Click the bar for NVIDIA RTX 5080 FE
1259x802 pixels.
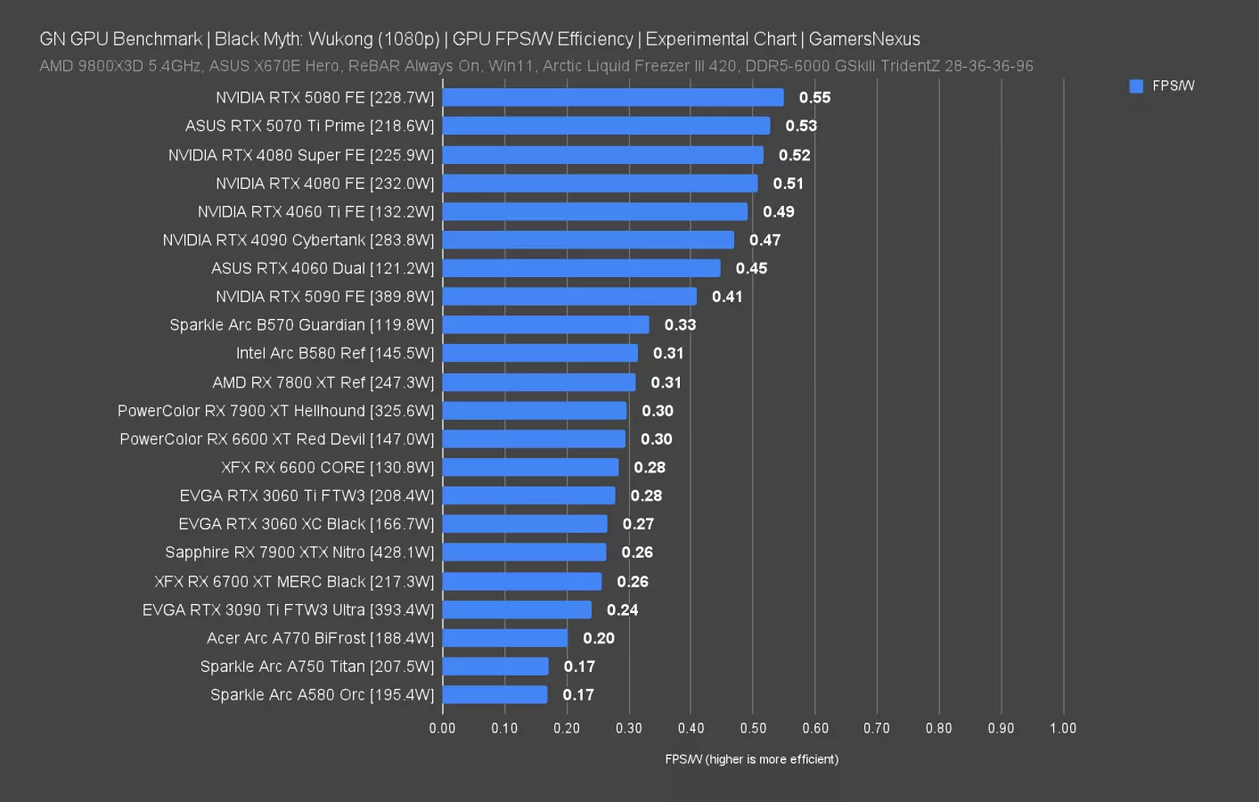coord(613,98)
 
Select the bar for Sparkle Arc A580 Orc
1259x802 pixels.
coord(495,695)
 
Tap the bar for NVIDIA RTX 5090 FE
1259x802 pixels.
coord(569,297)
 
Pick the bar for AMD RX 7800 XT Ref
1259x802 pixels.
coord(539,382)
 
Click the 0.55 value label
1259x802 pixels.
coord(814,98)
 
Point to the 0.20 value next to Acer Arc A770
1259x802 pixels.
coord(599,638)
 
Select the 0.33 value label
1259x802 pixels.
coord(680,325)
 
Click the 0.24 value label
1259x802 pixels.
coord(622,610)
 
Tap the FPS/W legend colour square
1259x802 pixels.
coord(1136,86)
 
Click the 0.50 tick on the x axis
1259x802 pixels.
coord(753,728)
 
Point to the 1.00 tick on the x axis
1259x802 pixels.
coord(1063,728)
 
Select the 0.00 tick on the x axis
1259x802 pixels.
coord(442,728)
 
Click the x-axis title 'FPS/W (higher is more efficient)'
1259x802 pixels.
coord(751,759)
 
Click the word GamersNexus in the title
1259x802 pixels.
coord(864,39)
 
